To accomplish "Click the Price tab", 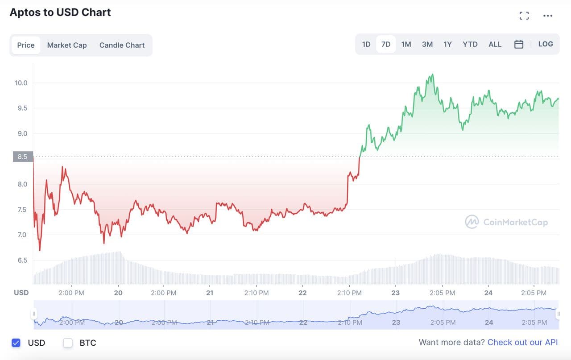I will [26, 45].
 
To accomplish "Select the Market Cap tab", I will [67, 45].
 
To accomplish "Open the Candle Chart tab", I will [122, 45].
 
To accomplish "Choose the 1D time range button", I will [366, 44].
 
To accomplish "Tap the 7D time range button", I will [386, 44].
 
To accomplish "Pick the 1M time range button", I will [406, 44].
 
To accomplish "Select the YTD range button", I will [470, 44].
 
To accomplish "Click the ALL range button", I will [495, 44].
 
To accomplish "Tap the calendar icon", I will [519, 44].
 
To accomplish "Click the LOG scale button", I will [546, 44].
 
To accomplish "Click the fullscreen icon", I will [524, 16].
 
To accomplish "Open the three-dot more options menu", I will [548, 16].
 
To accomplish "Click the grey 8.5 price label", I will [22, 157].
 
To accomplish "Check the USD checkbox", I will [16, 343].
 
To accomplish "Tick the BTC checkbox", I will [68, 343].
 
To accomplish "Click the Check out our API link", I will [522, 342].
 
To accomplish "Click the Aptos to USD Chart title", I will [60, 12].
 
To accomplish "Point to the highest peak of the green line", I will [432, 74].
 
